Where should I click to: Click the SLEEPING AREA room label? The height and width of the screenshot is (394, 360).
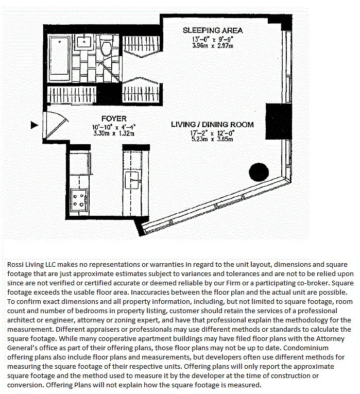212,30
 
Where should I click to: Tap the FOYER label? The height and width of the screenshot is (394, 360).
114,118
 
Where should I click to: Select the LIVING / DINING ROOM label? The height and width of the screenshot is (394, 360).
212,125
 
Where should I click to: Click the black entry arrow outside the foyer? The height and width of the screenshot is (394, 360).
35,125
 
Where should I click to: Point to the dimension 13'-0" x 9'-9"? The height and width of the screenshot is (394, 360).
212,39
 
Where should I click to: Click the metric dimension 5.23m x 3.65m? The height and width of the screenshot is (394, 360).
212,139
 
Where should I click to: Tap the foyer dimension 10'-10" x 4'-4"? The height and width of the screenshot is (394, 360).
114,127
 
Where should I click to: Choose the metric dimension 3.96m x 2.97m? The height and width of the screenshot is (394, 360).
212,45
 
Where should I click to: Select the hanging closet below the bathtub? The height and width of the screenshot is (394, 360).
72,95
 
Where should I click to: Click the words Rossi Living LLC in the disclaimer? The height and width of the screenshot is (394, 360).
30,264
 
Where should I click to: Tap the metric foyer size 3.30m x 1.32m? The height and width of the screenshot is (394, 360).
114,133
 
